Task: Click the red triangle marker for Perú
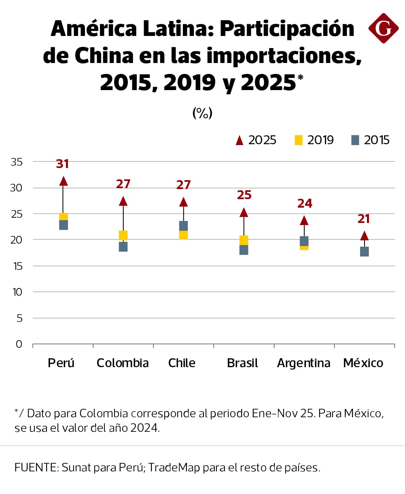[63, 181]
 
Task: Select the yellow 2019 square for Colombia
[123, 235]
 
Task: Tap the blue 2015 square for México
[364, 252]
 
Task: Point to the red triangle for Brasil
[244, 212]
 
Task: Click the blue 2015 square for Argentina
[304, 241]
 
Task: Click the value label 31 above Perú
[62, 164]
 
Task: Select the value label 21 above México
[364, 219]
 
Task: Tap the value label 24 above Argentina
[305, 204]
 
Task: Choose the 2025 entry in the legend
[256, 140]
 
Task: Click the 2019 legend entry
[314, 140]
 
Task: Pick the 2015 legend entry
[370, 140]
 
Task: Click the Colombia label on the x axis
[123, 363]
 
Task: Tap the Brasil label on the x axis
[243, 363]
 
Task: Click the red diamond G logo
[383, 28]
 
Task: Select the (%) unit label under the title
[202, 114]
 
